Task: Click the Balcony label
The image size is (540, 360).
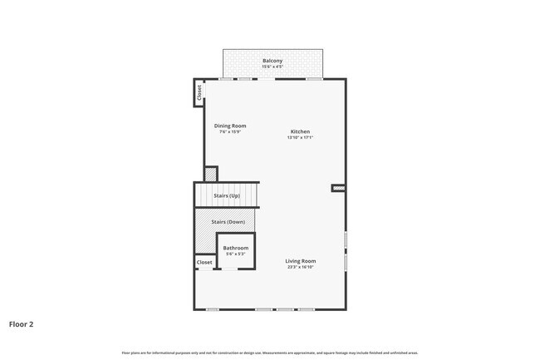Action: (272, 61)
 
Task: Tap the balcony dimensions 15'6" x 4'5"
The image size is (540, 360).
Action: (272, 67)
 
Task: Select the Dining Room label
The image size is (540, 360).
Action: (230, 126)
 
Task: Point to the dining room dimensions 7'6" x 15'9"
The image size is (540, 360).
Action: (230, 131)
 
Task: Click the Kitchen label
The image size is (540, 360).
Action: (300, 131)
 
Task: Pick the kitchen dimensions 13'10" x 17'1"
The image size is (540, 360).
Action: (300, 137)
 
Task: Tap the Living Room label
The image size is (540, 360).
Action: (302, 261)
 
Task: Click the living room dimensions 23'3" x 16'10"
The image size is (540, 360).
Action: (302, 267)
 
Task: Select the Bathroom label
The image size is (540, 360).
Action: (235, 248)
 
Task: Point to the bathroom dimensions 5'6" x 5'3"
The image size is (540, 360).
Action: (235, 254)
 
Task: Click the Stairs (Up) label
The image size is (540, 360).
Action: (226, 195)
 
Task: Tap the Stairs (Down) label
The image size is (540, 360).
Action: (228, 222)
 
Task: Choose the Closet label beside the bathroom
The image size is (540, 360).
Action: (204, 263)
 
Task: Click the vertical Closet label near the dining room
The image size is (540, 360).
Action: (199, 93)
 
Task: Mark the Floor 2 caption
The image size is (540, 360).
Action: (22, 324)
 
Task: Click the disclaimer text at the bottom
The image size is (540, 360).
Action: (270, 353)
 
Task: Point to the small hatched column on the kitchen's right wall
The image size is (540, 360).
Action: (338, 189)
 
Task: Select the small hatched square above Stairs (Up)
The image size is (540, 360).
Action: (211, 175)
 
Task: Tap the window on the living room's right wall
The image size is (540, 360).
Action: (345, 250)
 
